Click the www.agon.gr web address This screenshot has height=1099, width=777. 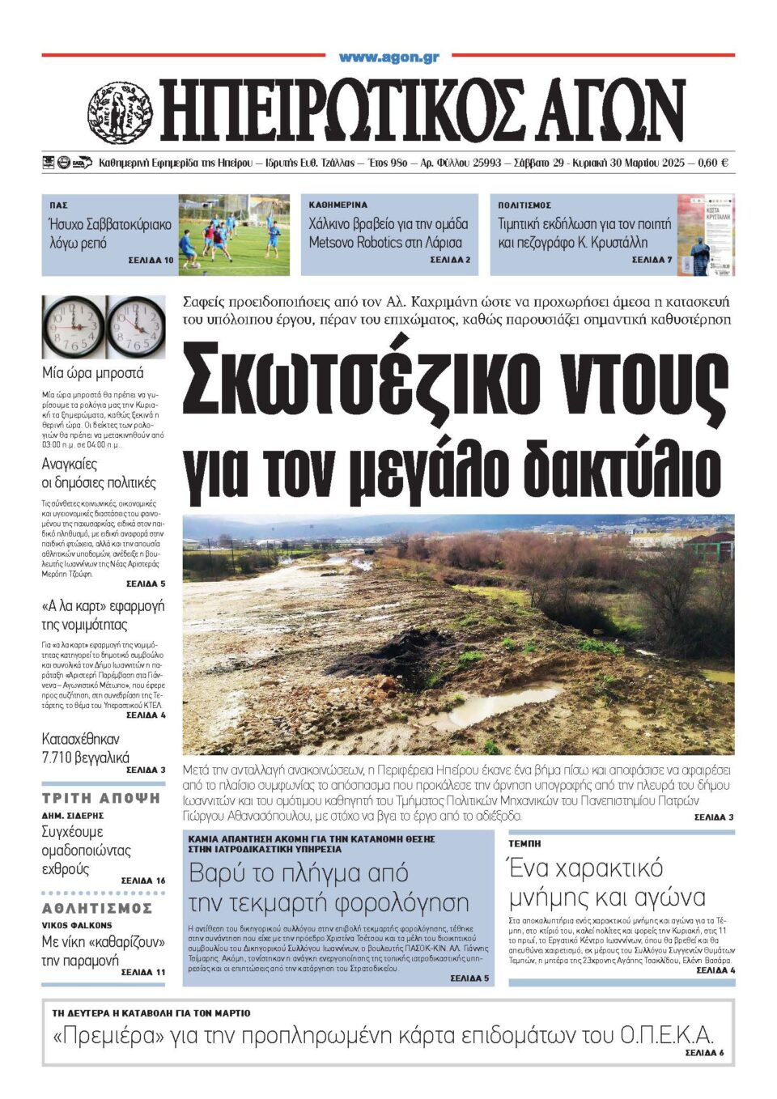(x=388, y=57)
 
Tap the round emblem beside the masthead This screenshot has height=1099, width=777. (x=119, y=113)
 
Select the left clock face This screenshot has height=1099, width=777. (x=73, y=326)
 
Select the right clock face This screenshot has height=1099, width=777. (x=135, y=326)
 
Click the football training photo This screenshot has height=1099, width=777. (x=233, y=235)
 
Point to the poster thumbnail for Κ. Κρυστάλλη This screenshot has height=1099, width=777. (x=705, y=235)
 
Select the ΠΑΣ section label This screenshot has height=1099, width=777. (x=58, y=206)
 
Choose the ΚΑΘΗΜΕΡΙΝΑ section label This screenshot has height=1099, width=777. (x=338, y=206)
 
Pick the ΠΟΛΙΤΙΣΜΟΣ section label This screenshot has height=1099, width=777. (x=524, y=206)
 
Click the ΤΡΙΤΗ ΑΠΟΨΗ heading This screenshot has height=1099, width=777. (x=101, y=798)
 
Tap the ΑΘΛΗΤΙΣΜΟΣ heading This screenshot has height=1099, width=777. (x=97, y=909)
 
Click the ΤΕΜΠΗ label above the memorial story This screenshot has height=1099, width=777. (x=524, y=844)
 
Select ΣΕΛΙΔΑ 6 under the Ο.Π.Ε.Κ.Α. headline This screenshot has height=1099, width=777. (x=704, y=1053)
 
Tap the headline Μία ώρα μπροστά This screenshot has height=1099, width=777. (x=93, y=373)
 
